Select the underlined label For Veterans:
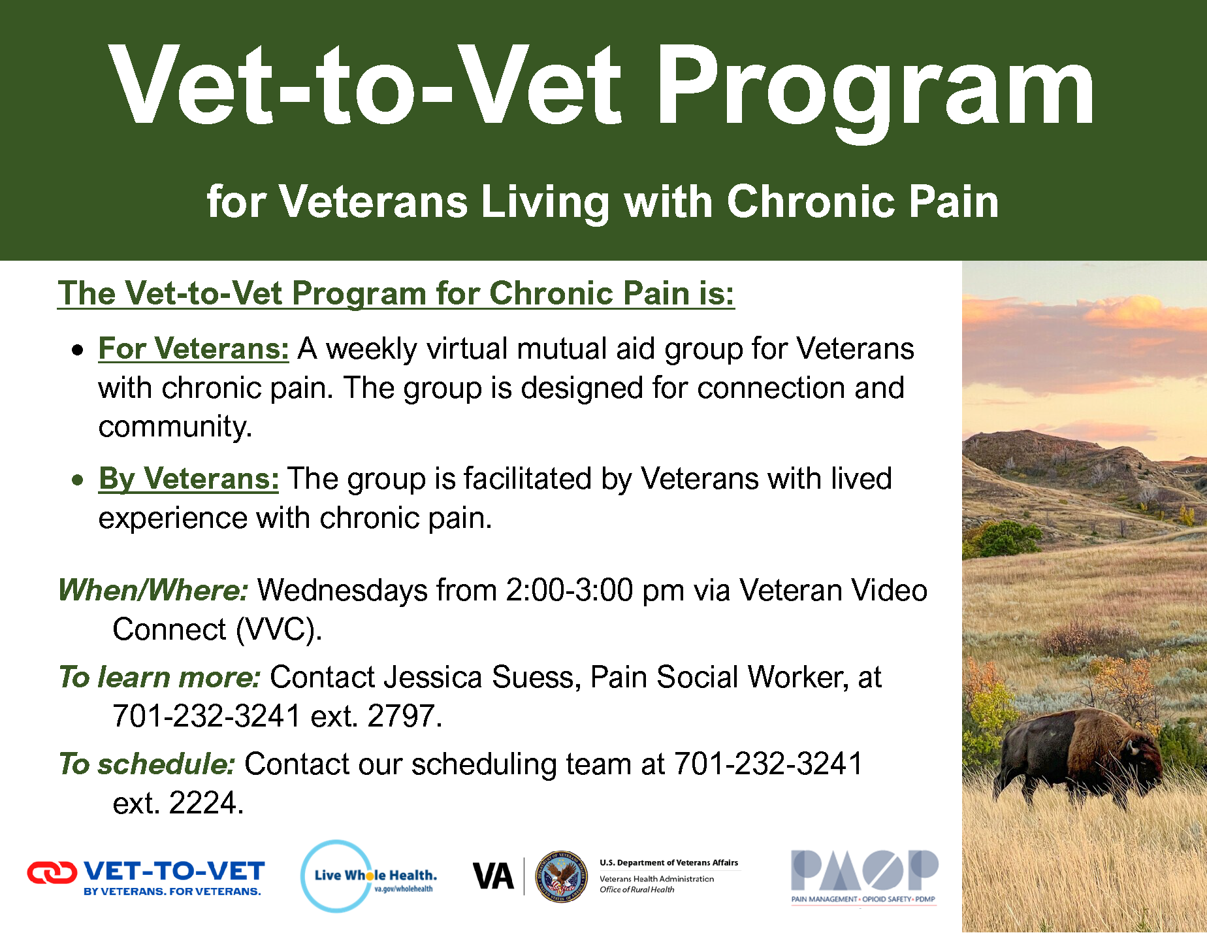click(193, 349)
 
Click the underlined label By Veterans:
click(189, 479)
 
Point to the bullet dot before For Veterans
click(78, 350)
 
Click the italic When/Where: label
click(153, 590)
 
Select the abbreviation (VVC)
click(279, 630)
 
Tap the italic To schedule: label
click(147, 764)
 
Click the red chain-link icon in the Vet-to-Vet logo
click(52, 872)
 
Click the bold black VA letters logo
click(493, 877)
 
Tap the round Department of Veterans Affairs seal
click(560, 877)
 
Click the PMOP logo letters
click(865, 870)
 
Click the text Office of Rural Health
click(637, 889)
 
